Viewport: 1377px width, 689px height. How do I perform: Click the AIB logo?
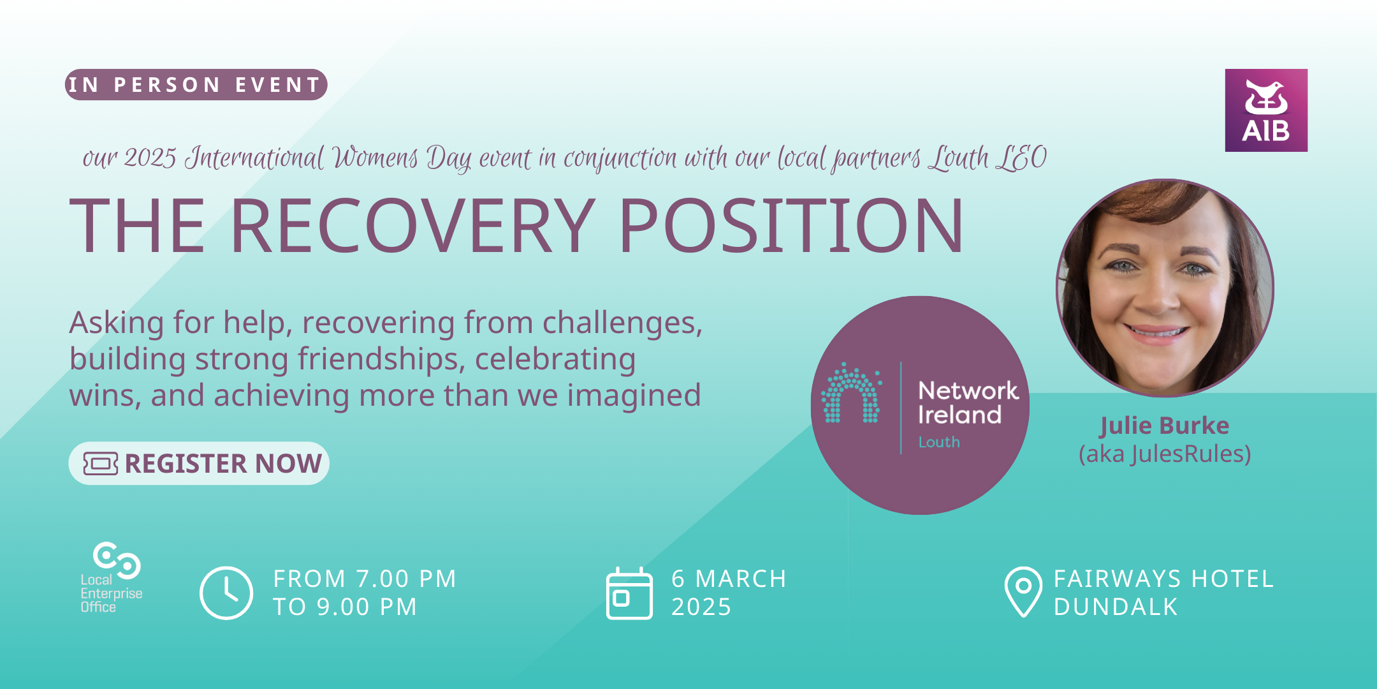(1266, 110)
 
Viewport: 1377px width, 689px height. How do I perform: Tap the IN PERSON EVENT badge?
(196, 85)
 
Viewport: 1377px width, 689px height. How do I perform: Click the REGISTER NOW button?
(199, 463)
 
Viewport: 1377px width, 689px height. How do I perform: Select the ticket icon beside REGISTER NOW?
(101, 464)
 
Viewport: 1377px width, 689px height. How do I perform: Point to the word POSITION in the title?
(790, 226)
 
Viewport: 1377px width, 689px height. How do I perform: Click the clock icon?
(226, 593)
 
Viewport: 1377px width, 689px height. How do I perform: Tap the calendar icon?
(629, 594)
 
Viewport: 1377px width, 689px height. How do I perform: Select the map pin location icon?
(1023, 591)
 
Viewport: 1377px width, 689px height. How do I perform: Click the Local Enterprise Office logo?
(111, 577)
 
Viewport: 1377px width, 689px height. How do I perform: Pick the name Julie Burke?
(1164, 426)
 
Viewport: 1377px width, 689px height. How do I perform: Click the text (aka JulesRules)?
(1164, 454)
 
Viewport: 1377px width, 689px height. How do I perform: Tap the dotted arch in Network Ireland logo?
(851, 394)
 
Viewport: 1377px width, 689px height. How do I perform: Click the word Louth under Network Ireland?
(938, 442)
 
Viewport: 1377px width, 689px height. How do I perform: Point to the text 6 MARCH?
(729, 579)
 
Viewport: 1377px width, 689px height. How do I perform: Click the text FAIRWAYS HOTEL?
(1163, 579)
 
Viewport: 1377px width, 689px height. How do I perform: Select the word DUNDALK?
(1116, 607)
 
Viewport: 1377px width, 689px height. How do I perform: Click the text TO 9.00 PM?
(345, 607)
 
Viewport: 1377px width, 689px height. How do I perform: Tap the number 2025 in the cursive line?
(150, 158)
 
